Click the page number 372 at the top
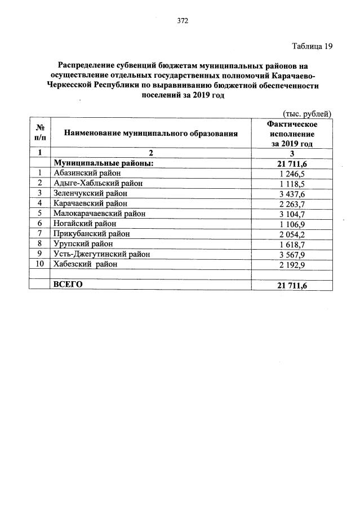(x=182, y=21)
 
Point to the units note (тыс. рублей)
(x=306, y=113)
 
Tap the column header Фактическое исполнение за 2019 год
(x=292, y=134)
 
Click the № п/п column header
(x=40, y=134)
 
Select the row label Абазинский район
(x=87, y=173)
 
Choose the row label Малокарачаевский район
(x=99, y=214)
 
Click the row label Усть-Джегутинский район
(x=101, y=254)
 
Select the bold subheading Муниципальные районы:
(x=104, y=163)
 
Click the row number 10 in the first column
(x=40, y=264)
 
